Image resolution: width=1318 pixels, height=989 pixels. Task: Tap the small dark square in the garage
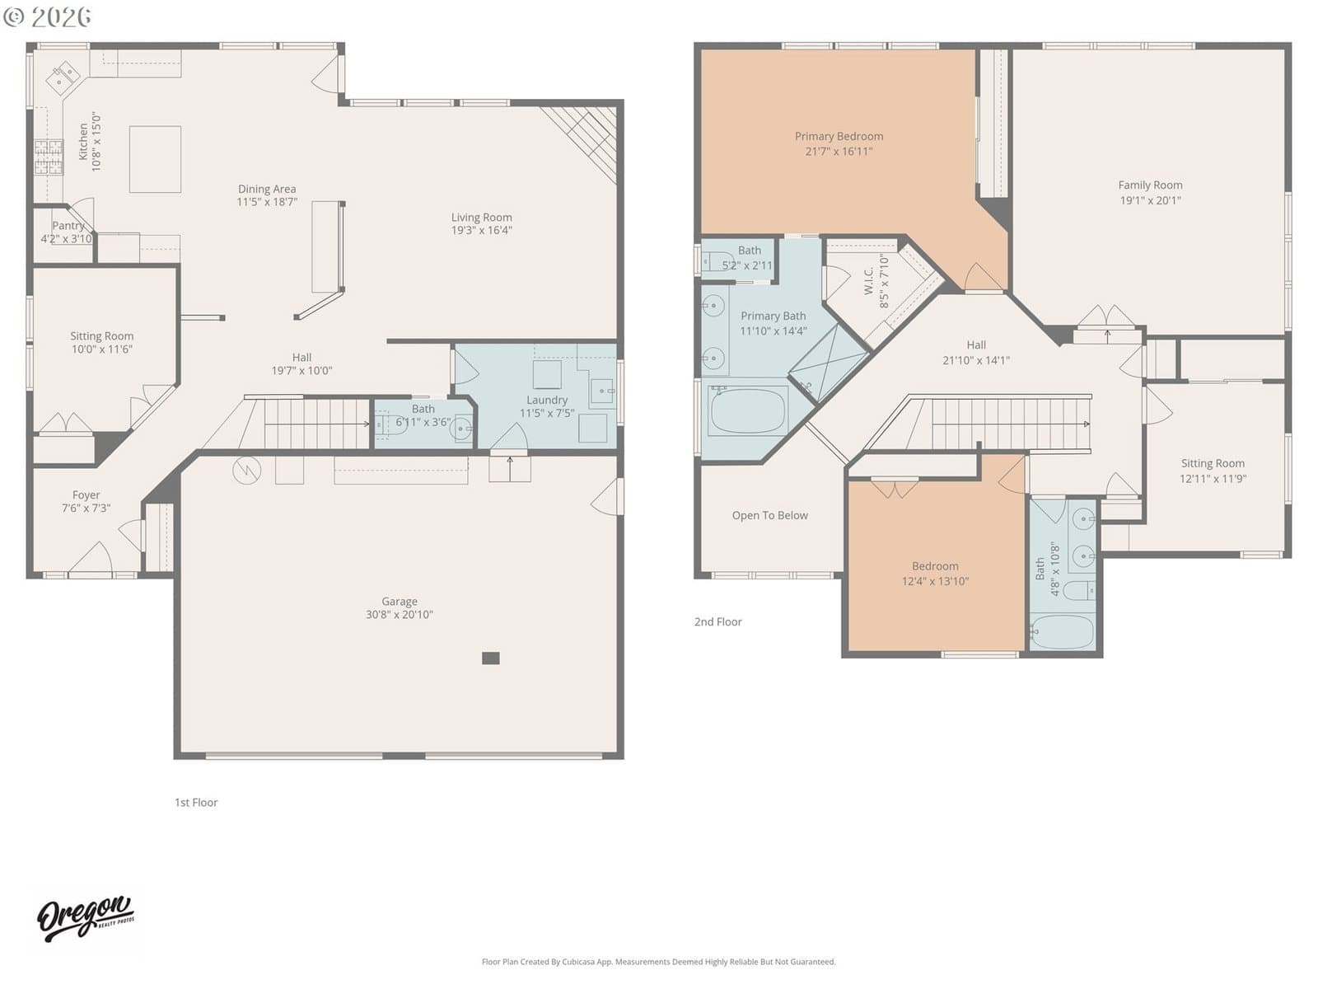point(491,659)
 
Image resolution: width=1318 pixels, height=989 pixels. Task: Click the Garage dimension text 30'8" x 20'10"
point(400,614)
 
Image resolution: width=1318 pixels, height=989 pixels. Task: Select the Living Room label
point(482,217)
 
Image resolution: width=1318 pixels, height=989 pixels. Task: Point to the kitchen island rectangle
point(155,159)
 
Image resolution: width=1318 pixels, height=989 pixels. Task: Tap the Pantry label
point(68,225)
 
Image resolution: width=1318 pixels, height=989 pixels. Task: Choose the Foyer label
point(86,494)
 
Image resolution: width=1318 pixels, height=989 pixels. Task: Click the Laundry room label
point(547,400)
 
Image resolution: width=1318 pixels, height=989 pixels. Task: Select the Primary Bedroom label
point(839,136)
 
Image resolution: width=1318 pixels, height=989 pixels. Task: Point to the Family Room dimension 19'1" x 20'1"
point(1151,200)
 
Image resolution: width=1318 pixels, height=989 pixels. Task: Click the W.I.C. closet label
point(869,280)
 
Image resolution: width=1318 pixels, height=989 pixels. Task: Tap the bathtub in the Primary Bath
point(748,410)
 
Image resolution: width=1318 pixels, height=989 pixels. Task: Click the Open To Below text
point(769,515)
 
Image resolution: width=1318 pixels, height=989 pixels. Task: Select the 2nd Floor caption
point(718,622)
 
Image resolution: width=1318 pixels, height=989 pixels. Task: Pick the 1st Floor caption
point(196,803)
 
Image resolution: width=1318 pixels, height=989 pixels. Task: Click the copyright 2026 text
point(47,16)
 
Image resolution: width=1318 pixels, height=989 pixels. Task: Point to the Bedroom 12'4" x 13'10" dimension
point(936,581)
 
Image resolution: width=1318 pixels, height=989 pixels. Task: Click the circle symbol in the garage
point(247,470)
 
